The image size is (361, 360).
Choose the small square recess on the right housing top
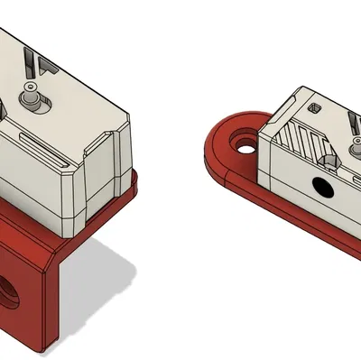tap(314, 107)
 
